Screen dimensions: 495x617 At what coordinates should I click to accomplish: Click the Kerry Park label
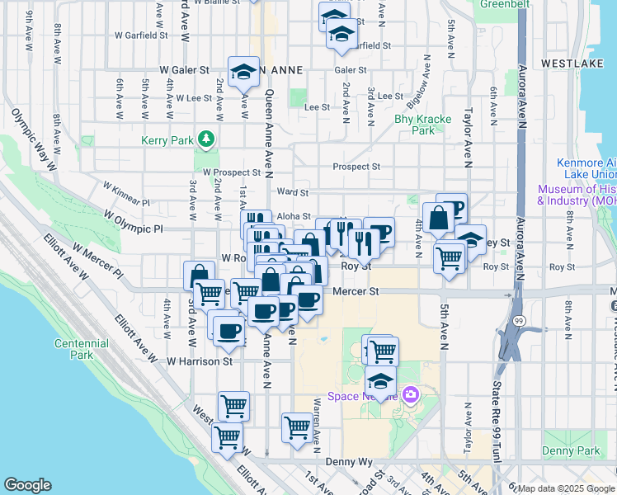click(167, 141)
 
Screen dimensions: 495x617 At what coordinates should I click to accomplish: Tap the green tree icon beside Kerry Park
click(207, 140)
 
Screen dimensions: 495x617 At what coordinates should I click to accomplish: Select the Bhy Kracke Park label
click(423, 125)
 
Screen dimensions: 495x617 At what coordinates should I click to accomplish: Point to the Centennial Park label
click(81, 349)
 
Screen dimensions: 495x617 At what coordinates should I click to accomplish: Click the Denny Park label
click(572, 450)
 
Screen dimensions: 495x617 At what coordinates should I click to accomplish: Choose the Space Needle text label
click(355, 397)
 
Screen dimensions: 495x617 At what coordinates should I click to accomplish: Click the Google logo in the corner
click(27, 485)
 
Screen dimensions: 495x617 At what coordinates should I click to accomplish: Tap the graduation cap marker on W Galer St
click(244, 72)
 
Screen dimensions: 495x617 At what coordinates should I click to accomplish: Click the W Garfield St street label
click(141, 35)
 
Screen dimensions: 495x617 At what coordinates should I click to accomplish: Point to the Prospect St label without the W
click(356, 167)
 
